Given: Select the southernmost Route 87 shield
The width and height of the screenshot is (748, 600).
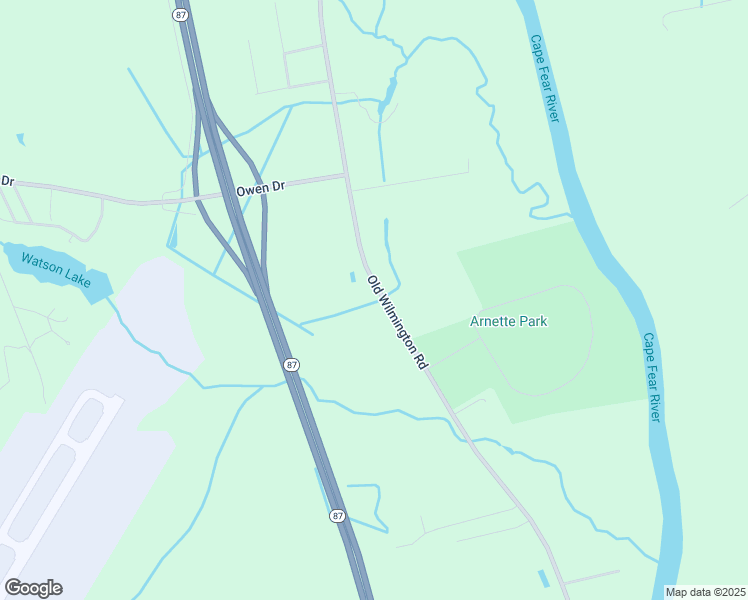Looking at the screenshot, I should [x=338, y=515].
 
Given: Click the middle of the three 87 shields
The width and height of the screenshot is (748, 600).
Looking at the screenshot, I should [x=290, y=365].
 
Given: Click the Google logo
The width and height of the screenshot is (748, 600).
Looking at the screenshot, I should [x=33, y=587].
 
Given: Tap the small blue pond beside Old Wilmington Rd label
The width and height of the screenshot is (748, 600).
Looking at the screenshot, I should [x=352, y=277].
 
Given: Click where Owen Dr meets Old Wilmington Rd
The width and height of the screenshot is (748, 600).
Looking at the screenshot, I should [x=346, y=175].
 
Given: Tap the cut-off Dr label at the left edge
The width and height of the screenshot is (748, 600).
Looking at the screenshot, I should [x=7, y=181].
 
